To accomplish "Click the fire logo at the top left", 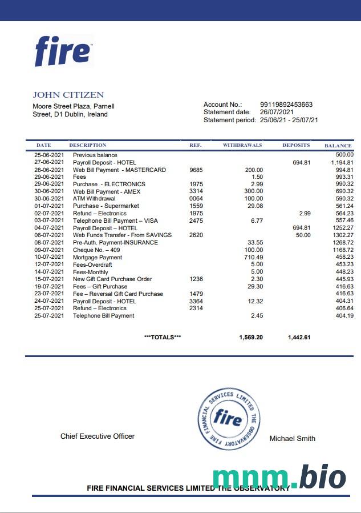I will [63, 51].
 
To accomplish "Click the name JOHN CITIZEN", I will [68, 95].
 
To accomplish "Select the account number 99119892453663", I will [286, 105].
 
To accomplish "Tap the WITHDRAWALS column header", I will [242, 146].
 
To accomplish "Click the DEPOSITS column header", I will [296, 146].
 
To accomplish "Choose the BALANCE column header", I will [338, 146].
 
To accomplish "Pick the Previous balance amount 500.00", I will [344, 155].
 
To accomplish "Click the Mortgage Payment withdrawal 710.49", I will [253, 257].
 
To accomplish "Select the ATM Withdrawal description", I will [94, 199].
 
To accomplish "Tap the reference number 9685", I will [196, 170].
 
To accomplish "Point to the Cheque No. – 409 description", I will [96, 250].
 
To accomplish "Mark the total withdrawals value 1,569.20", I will [251, 338].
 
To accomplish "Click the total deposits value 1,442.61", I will [299, 338].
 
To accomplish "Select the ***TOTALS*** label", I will [163, 338].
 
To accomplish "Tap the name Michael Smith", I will [292, 439].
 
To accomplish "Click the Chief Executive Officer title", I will [98, 436].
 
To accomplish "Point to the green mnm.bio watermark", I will [279, 478].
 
